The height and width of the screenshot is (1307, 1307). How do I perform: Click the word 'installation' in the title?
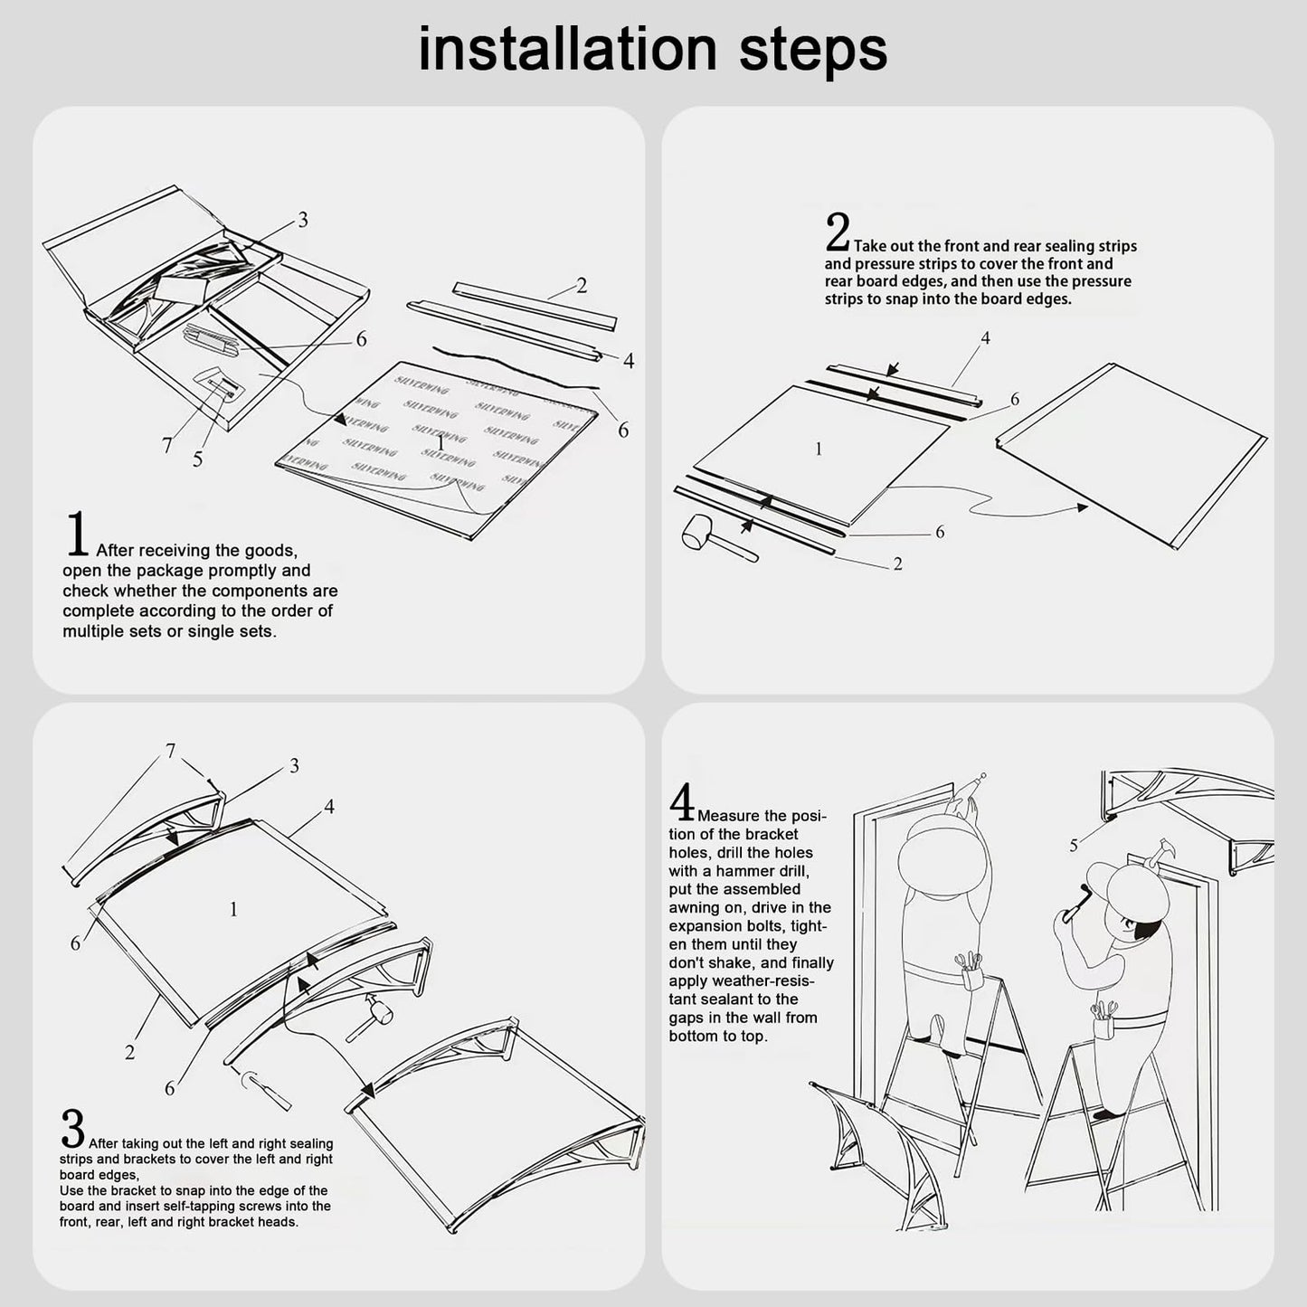click(x=568, y=49)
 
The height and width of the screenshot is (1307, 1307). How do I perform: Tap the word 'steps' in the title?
click(x=813, y=52)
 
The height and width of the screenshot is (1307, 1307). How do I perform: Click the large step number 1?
click(x=77, y=534)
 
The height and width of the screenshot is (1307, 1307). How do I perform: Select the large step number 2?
click(x=838, y=232)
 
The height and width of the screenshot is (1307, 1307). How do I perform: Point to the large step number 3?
click(x=72, y=1128)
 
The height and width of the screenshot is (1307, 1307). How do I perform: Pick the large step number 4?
click(x=682, y=801)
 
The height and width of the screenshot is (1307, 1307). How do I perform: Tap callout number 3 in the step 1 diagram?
click(x=302, y=220)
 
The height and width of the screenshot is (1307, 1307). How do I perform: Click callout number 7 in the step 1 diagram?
click(x=166, y=445)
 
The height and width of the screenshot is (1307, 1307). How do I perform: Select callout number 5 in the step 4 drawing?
click(x=1074, y=845)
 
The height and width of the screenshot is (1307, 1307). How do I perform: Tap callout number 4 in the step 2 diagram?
click(x=986, y=337)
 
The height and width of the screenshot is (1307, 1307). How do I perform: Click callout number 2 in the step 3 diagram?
click(x=129, y=1052)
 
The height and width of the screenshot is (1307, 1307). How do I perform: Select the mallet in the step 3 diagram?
click(x=369, y=1018)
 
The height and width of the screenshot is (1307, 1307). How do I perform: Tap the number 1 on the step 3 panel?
click(x=233, y=909)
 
